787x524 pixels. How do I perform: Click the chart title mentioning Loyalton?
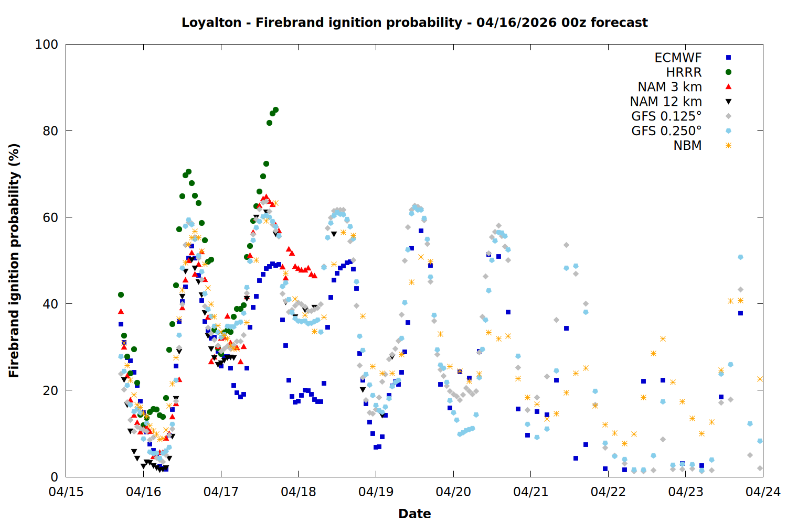coord(414,23)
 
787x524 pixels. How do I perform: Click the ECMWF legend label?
coord(678,58)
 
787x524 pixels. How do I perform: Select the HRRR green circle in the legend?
coord(728,72)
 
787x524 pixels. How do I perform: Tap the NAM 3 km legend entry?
coord(669,87)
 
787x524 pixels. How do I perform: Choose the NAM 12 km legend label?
coord(666,102)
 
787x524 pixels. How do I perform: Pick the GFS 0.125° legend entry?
coord(666,116)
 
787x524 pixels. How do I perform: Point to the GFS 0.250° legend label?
coord(666,131)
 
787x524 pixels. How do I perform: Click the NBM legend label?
coord(687,146)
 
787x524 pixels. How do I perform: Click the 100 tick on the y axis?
coord(47,45)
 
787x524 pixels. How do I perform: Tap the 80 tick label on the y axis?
coord(50,131)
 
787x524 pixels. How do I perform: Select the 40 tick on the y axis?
coord(50,304)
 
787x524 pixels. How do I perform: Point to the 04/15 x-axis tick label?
coord(66,492)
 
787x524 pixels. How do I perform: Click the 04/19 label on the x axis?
coord(376,492)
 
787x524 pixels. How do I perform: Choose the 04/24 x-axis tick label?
coord(763,492)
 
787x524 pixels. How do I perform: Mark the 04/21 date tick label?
coord(530,492)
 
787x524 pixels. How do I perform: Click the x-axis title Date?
coord(414,514)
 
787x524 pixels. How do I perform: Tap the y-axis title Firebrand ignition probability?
coord(14,260)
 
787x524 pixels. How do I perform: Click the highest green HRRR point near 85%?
coord(275,110)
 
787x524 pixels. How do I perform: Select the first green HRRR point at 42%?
coord(121,294)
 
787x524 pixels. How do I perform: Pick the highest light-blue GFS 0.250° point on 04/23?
coord(740,257)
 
